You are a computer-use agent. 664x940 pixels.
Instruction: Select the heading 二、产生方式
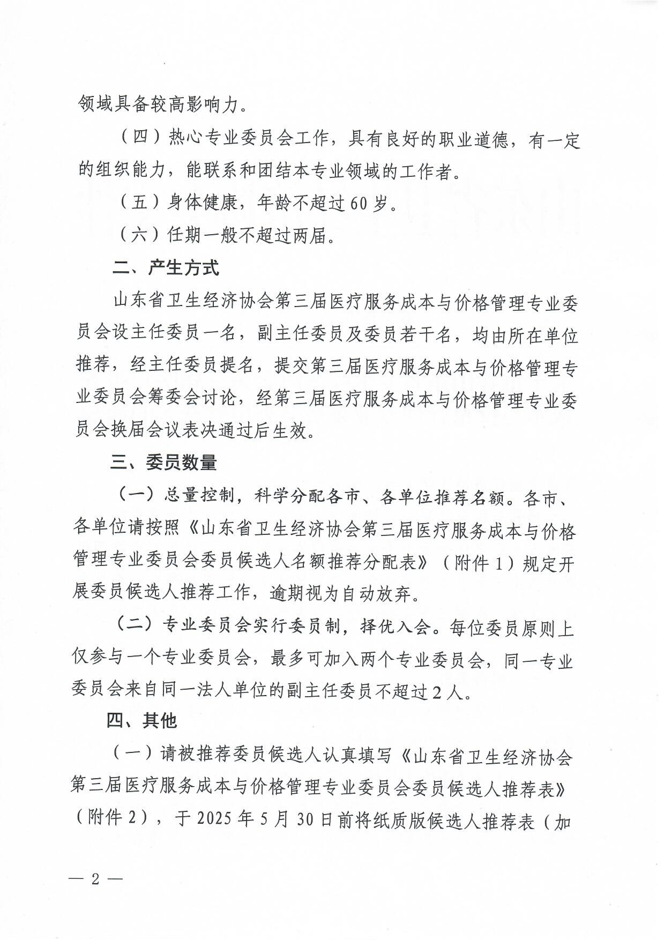(166, 267)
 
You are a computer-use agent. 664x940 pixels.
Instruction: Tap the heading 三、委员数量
(163, 462)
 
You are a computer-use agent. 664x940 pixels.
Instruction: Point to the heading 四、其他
(141, 720)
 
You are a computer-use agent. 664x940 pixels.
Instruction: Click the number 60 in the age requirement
(359, 204)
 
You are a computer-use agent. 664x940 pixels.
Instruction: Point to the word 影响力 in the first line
(211, 104)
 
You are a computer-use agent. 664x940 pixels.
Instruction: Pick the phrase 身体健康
(202, 203)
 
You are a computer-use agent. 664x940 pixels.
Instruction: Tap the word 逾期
(287, 593)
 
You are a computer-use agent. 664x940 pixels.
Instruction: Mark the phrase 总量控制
(199, 497)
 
